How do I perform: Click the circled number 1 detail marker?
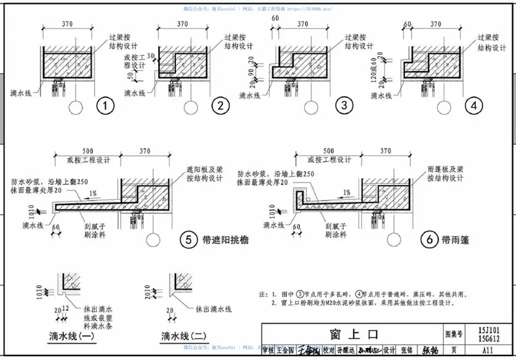[x=103, y=106]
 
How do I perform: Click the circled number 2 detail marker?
[x=221, y=106]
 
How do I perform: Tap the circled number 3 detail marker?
[x=344, y=105]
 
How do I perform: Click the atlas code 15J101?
[x=490, y=330]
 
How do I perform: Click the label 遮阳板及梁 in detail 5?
[x=203, y=168]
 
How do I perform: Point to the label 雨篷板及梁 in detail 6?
[x=447, y=167]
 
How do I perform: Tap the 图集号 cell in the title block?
[x=455, y=334]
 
